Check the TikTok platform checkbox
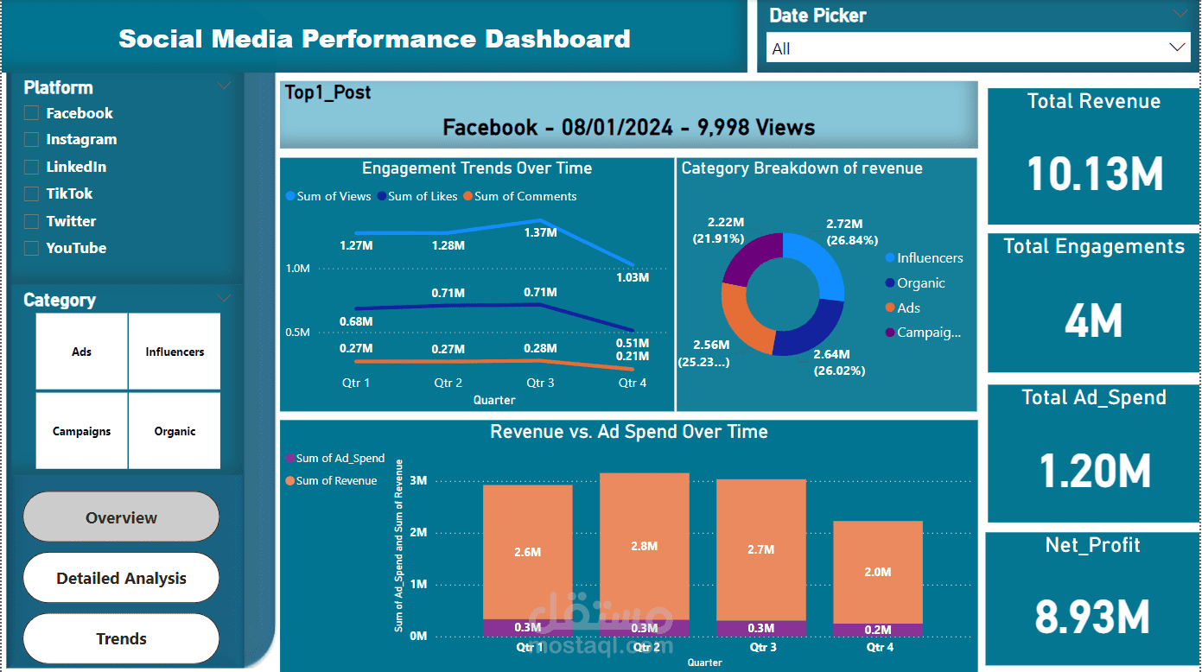(x=32, y=194)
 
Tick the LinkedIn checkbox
(x=32, y=167)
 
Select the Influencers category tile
(x=175, y=352)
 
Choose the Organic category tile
(x=175, y=431)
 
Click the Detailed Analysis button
(x=121, y=578)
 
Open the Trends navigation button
(x=121, y=638)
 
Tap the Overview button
(x=121, y=517)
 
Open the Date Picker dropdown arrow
(x=1177, y=48)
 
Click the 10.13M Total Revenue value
(x=1094, y=174)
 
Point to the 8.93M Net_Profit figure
(x=1092, y=618)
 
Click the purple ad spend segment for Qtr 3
(x=761, y=628)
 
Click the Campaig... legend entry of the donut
(x=928, y=333)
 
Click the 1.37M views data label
(x=540, y=232)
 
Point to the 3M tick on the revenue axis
(x=418, y=480)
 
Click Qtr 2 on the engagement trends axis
(x=448, y=383)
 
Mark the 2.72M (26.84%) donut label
(x=850, y=232)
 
